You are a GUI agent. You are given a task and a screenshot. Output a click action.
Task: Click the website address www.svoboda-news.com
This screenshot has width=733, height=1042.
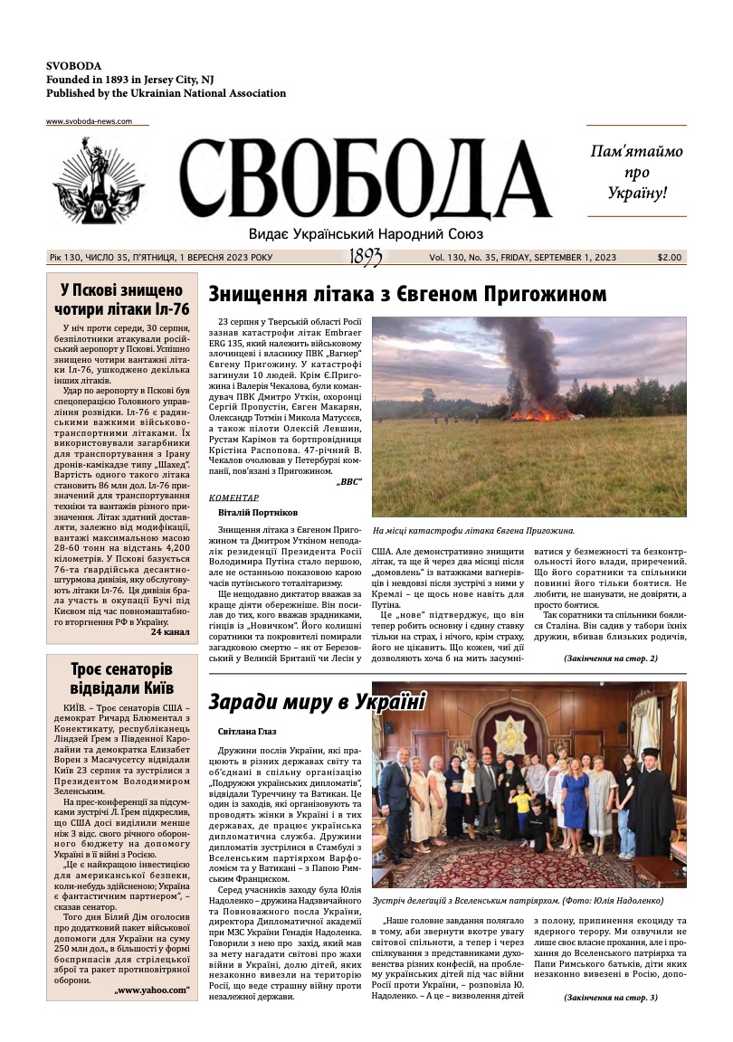pos(89,121)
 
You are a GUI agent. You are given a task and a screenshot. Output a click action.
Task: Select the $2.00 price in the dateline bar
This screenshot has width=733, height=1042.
pos(670,258)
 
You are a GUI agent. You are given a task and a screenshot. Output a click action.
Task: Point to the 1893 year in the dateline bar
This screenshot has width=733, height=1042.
pos(366,258)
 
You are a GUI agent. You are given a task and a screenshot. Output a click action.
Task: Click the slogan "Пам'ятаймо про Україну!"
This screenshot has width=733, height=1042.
pos(636,171)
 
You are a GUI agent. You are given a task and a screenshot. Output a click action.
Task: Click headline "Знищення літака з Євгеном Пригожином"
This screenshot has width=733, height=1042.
pos(407,294)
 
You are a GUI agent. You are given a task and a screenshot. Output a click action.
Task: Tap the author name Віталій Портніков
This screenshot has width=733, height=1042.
pos(259,513)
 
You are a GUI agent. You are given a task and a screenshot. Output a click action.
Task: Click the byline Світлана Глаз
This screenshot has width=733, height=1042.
pos(248,731)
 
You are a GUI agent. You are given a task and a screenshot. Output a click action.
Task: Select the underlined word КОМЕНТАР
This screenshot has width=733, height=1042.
pos(233,497)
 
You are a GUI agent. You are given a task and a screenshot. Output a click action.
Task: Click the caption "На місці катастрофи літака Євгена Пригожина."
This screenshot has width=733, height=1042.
pos(473,531)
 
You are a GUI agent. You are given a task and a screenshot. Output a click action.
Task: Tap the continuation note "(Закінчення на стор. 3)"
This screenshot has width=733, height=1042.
pos(611,997)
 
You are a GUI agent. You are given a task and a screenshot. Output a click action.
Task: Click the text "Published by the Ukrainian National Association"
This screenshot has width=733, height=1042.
pos(166,93)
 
